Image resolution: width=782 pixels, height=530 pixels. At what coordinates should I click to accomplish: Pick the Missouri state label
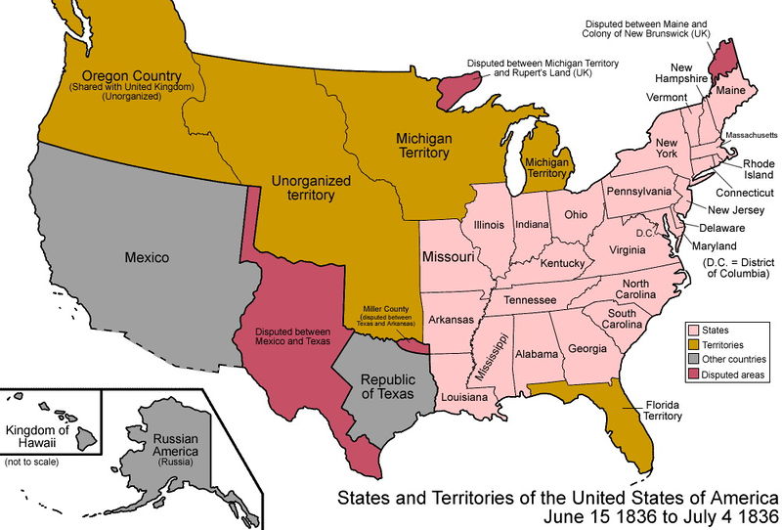[x=448, y=257]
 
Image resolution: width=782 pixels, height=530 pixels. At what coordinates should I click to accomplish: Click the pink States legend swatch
[x=694, y=331]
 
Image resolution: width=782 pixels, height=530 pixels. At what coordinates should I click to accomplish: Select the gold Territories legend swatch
[x=694, y=345]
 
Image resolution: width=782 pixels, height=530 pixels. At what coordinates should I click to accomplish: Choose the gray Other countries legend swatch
[x=694, y=360]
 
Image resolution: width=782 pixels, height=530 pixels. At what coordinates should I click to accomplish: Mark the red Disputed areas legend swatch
[x=694, y=374]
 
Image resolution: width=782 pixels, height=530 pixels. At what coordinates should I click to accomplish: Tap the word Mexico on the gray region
[x=148, y=258]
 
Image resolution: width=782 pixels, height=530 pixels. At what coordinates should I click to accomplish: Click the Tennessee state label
[x=531, y=298]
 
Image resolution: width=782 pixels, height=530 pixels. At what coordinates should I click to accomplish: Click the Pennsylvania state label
[x=638, y=190]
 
